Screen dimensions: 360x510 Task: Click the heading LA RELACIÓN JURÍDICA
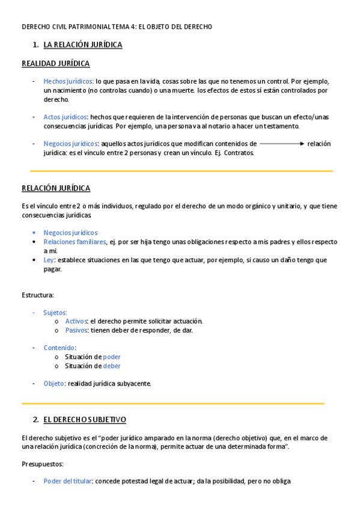[83, 45]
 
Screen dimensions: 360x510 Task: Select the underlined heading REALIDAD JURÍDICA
[56, 63]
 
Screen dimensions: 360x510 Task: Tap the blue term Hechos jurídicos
[68, 81]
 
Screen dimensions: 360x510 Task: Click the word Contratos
[240, 153]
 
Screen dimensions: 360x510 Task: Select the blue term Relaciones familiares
[70, 242]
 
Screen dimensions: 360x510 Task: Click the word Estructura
[37, 295]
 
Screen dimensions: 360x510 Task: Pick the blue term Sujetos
[55, 313]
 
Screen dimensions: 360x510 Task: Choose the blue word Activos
[76, 321]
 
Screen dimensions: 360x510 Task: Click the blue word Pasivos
[76, 330]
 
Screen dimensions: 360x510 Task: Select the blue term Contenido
[59, 348]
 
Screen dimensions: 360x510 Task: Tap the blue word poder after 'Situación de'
[112, 357]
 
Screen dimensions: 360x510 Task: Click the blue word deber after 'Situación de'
[112, 366]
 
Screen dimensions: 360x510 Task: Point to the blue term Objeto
[53, 383]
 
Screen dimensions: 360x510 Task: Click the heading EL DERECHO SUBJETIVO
[85, 419]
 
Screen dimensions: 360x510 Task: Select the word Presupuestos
[43, 464]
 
